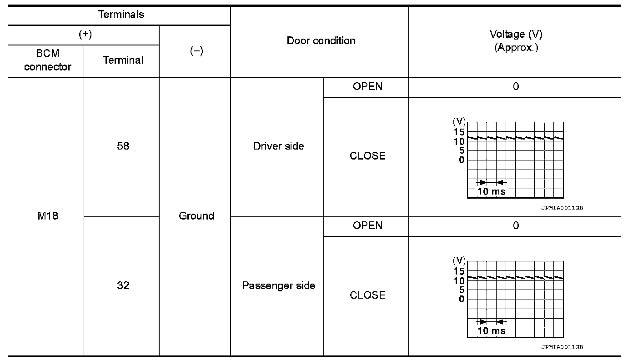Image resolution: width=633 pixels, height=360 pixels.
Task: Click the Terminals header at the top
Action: [121, 15]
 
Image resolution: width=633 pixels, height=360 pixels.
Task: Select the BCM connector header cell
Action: [48, 60]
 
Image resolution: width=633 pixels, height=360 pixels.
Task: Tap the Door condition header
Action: [321, 40]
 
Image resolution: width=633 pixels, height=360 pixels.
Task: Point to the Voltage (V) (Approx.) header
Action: [516, 41]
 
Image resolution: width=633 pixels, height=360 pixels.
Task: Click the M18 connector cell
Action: [48, 216]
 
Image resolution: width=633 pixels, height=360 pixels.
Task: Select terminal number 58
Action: [123, 146]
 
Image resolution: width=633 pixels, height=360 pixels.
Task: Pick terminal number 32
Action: [123, 285]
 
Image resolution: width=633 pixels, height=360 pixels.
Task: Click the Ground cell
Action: [196, 216]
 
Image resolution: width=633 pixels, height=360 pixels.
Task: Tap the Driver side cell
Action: [279, 146]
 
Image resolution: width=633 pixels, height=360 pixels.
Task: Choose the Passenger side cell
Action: [279, 285]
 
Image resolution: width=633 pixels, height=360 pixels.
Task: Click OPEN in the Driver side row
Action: [367, 86]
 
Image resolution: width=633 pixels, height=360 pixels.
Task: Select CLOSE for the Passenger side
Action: [367, 295]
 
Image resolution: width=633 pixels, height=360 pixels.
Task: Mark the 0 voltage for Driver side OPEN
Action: [516, 86]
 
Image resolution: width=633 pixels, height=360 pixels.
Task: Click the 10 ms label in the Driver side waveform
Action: [491, 191]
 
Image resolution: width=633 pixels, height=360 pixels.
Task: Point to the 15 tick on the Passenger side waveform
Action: [459, 271]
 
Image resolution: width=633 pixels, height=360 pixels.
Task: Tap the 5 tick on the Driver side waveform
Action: [462, 150]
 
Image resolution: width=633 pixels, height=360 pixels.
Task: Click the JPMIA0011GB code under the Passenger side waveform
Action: [562, 347]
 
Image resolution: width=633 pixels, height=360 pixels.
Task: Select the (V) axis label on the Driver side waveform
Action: [459, 121]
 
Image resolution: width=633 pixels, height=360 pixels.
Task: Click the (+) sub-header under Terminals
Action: [85, 35]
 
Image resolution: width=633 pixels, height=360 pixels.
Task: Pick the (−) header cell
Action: [196, 51]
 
